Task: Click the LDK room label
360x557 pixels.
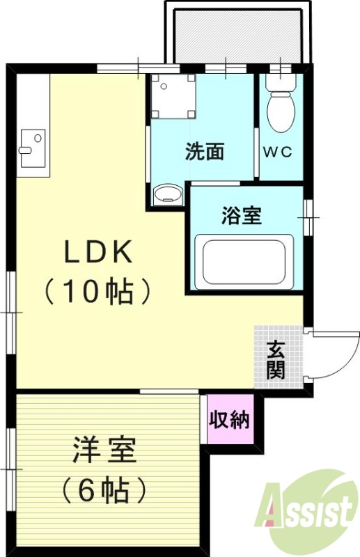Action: coord(98,252)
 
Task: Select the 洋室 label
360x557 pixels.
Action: coord(104,451)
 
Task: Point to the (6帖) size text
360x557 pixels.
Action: coord(104,489)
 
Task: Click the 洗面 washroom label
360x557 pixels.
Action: coord(204,152)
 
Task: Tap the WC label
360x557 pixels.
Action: coord(276,152)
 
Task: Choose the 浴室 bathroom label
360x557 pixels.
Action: coord(241,217)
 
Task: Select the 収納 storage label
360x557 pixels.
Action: coord(230,421)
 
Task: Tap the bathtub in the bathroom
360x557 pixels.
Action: coord(241,262)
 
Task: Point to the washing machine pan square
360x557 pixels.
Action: coord(173,97)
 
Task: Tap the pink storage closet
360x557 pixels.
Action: coord(230,421)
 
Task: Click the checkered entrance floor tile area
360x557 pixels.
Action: coord(278,354)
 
